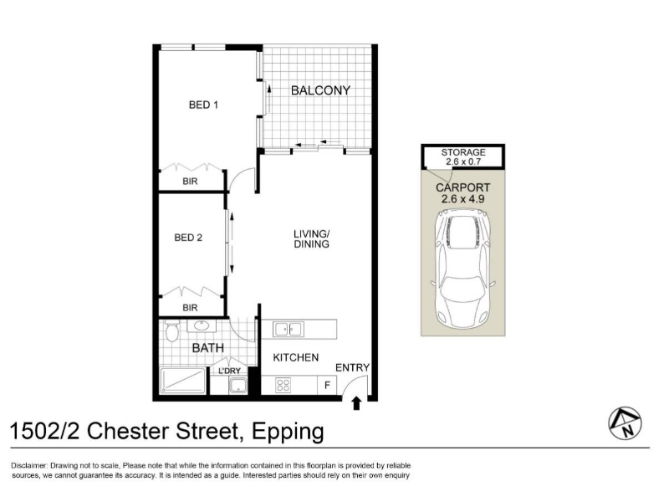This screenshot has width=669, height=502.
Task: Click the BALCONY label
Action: (320, 90)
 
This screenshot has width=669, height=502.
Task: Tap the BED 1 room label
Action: (203, 105)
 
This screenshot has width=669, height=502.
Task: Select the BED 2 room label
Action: (188, 238)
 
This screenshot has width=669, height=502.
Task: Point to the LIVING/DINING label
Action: (311, 239)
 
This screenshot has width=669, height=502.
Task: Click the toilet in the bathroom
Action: (171, 331)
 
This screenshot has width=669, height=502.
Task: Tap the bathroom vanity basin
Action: (202, 325)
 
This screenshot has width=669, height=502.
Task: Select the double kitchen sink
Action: (289, 330)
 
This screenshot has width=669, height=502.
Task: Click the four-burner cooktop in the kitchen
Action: (283, 385)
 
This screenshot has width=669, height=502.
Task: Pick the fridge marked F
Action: (327, 386)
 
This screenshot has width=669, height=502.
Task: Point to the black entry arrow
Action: (357, 403)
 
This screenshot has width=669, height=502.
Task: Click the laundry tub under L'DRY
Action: (237, 386)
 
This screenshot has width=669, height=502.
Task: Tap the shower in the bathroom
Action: (182, 381)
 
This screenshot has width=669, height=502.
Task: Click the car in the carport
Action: (463, 270)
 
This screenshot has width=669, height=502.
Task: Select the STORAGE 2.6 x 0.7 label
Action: (463, 156)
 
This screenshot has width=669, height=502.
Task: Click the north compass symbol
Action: (625, 423)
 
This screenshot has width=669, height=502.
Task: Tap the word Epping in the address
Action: (288, 432)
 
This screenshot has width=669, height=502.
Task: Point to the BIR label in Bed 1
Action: (191, 182)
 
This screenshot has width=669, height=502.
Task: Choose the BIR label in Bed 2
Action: (191, 308)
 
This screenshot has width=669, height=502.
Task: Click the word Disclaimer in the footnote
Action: (28, 466)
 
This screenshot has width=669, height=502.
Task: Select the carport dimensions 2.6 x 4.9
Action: (463, 199)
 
